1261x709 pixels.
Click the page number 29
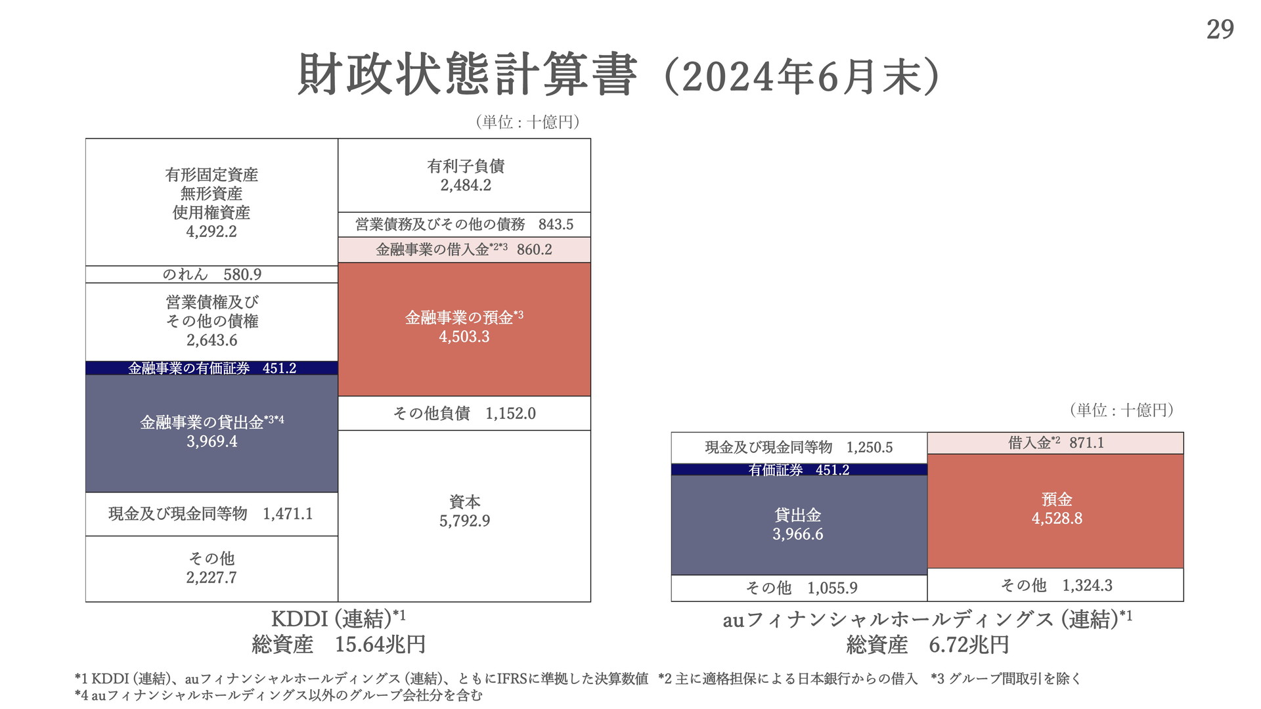pos(1220,30)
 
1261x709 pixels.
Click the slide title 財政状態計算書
pos(467,75)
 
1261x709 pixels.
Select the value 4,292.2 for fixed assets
pos(211,232)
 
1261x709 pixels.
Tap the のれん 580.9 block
pos(211,274)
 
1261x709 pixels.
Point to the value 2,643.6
pos(211,340)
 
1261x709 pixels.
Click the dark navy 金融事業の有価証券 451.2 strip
pos(211,368)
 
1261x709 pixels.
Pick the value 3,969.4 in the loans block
pos(211,442)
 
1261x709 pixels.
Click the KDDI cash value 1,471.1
pos(288,514)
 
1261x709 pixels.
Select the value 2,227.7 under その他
pos(211,578)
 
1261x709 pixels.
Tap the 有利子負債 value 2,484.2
pos(466,186)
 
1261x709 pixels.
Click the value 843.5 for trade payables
pos(556,225)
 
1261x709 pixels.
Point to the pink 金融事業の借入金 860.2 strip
pos(464,250)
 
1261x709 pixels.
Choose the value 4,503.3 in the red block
pos(464,337)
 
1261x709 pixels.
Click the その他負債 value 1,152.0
pos(510,414)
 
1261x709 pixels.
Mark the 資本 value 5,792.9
pos(464,521)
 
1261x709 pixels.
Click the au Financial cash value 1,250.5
pos(869,448)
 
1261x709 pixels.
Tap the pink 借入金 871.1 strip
pos(1055,443)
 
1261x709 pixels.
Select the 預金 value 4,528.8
pos(1057,519)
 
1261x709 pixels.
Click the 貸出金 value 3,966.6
pos(797,534)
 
